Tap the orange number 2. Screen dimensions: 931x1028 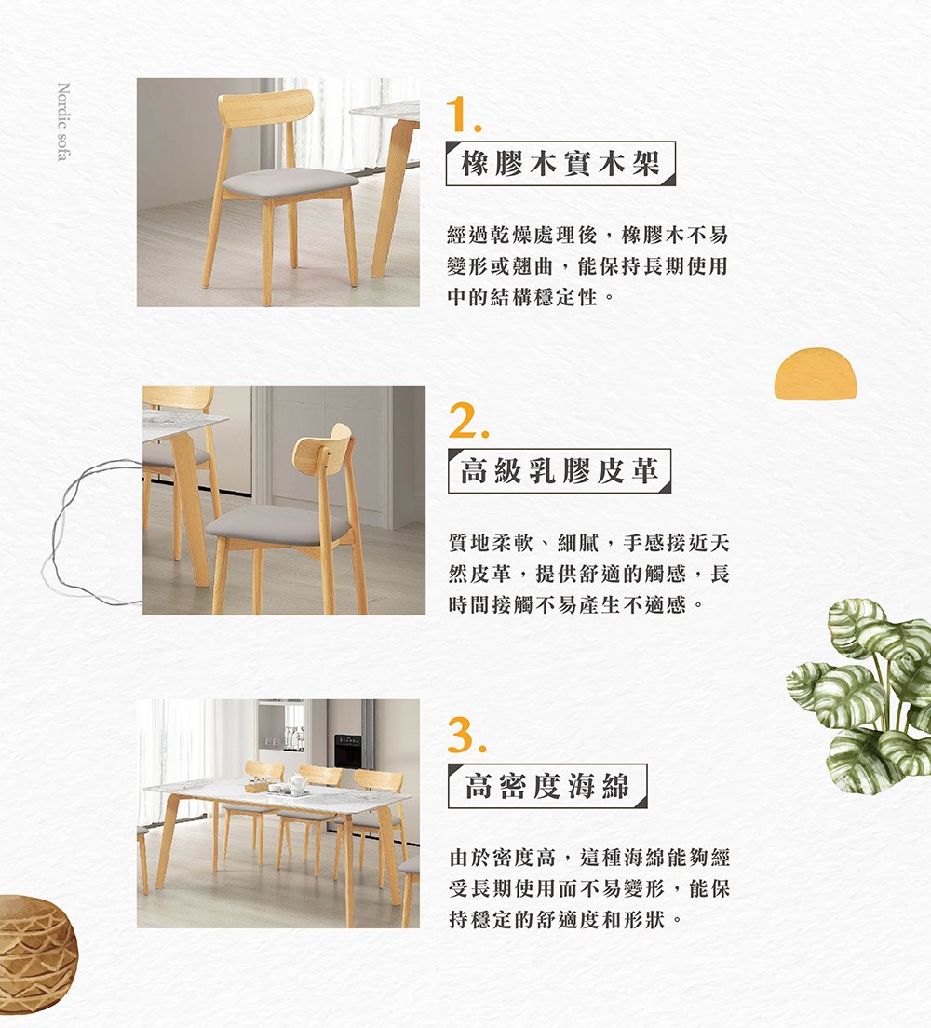pyautogui.click(x=468, y=420)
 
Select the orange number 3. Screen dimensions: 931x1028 pyautogui.click(x=466, y=735)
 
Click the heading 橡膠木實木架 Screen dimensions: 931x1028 pyautogui.click(x=560, y=163)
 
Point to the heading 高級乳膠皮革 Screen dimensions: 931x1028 pyautogui.click(x=560, y=471)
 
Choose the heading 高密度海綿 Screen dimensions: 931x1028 pyautogui.click(x=547, y=785)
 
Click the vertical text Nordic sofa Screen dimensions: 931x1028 pyautogui.click(x=63, y=121)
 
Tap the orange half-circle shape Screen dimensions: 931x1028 pyautogui.click(x=816, y=373)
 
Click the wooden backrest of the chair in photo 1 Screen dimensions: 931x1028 pyautogui.click(x=266, y=107)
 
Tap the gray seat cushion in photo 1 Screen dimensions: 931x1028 pyautogui.click(x=290, y=182)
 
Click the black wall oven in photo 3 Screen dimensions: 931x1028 pyautogui.click(x=347, y=751)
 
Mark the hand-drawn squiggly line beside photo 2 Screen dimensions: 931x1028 pyautogui.click(x=86, y=533)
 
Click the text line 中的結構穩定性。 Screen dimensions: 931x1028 pyautogui.click(x=532, y=298)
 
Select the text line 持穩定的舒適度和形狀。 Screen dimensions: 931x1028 pyautogui.click(x=566, y=920)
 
